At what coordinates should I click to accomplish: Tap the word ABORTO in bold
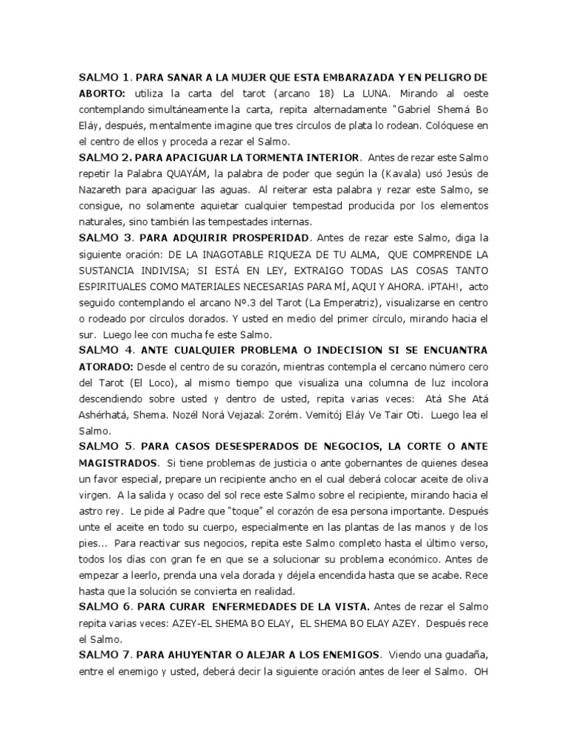tap(102, 94)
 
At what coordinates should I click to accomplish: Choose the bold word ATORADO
tap(109, 368)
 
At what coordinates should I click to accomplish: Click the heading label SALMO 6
tap(105, 608)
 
